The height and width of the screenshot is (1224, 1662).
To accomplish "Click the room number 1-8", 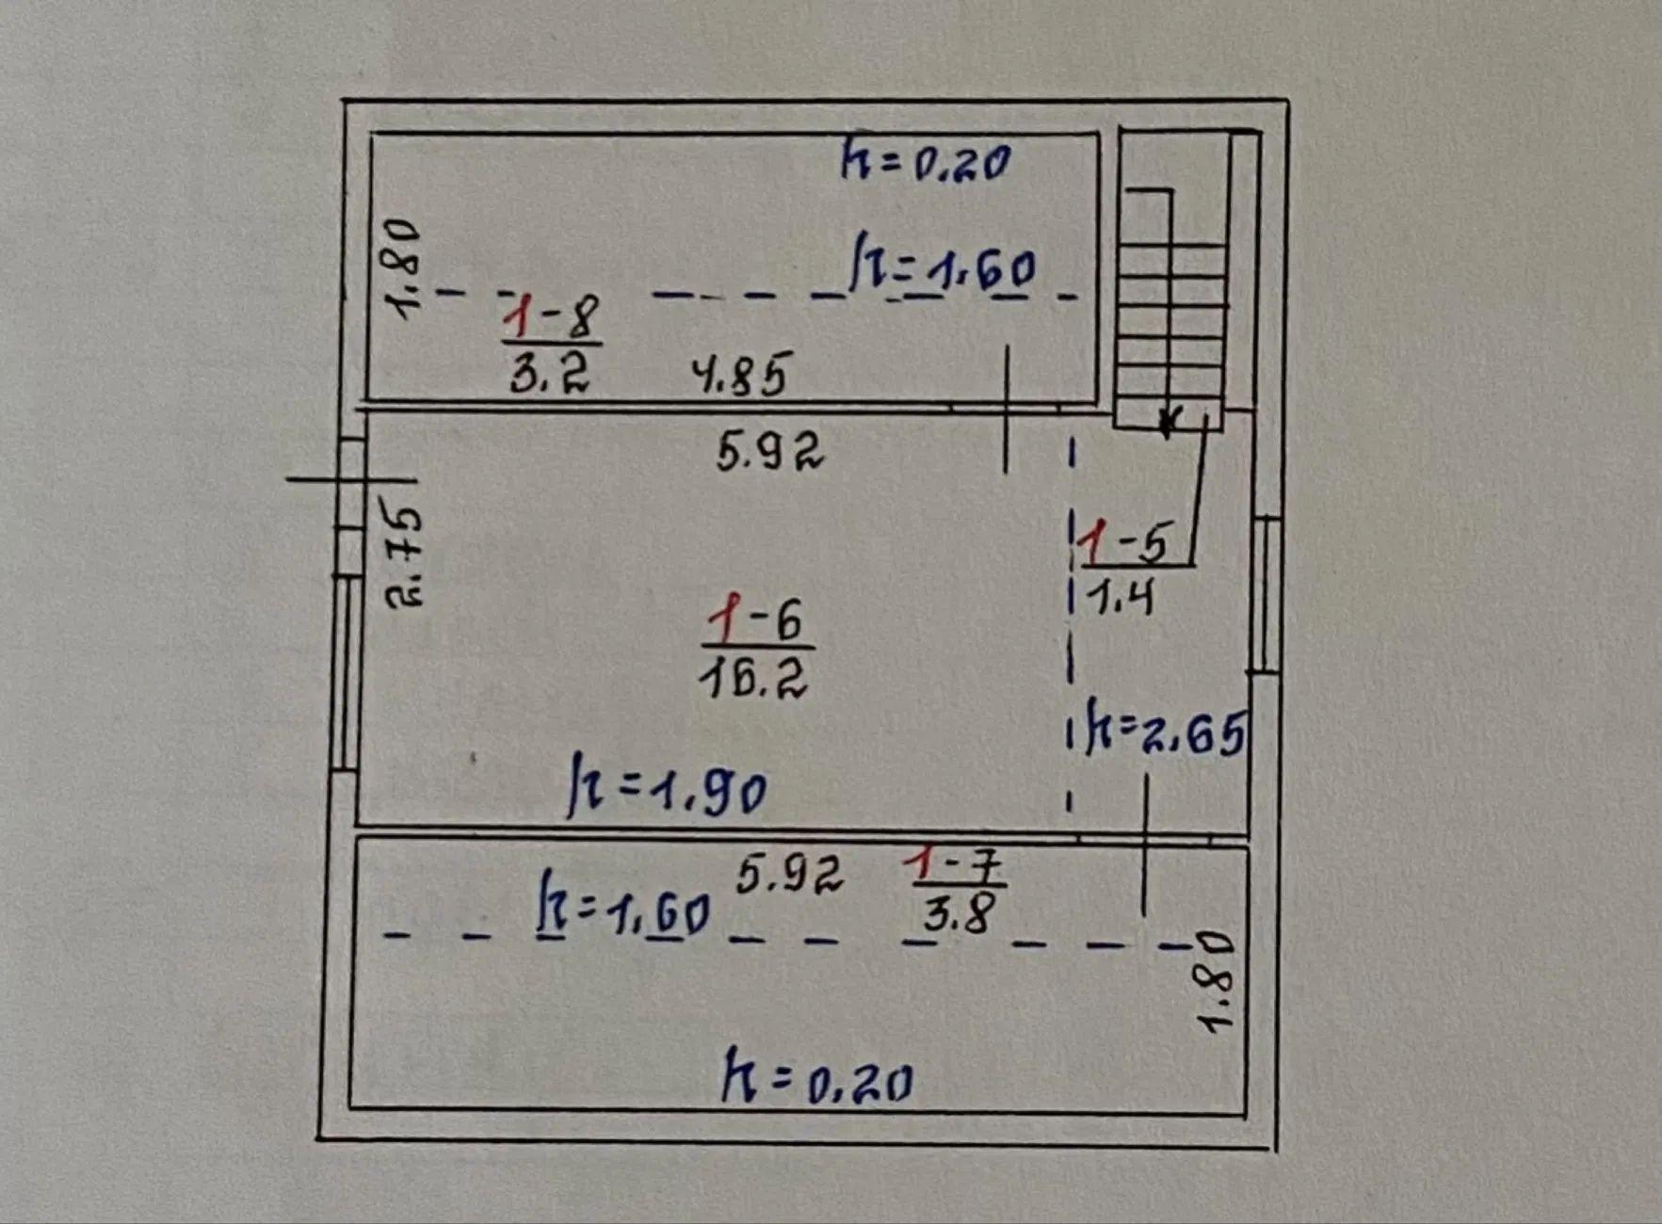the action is point(552,315).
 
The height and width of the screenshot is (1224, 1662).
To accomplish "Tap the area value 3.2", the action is point(550,371).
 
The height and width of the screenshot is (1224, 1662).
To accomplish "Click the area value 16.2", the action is point(753,675).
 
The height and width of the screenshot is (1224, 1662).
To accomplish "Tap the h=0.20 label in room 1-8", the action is point(926,161).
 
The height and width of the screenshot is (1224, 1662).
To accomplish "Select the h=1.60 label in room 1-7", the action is point(622,906).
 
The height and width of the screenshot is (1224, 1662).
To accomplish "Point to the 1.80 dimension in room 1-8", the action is point(402,269).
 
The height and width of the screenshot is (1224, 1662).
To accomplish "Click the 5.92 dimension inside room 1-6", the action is point(769,450).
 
